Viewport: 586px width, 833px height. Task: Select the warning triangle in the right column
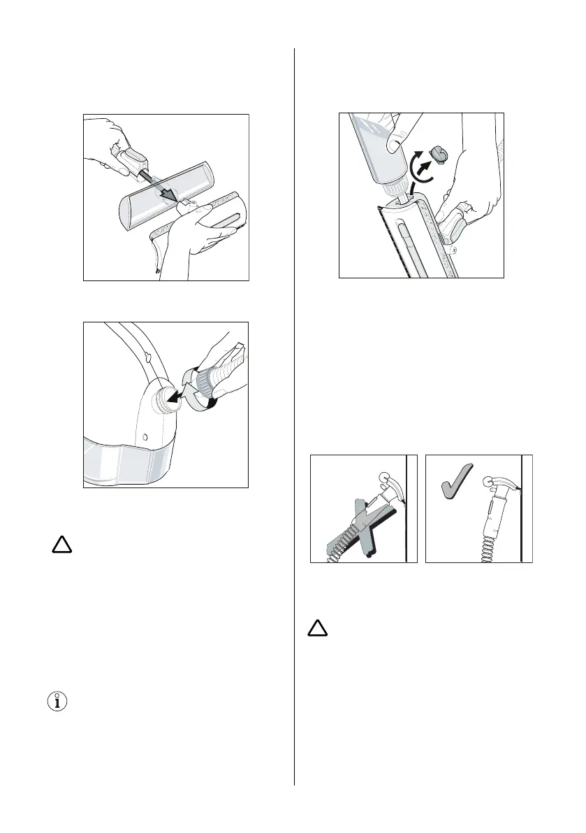(318, 628)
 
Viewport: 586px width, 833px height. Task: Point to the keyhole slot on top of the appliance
(148, 357)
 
